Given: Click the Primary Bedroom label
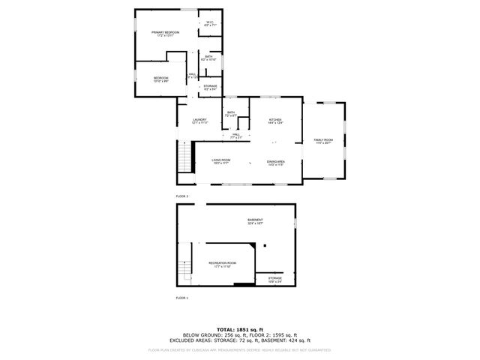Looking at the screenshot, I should coord(166,33).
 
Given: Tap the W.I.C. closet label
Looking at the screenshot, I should coord(210,23).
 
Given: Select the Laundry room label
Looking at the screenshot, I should coord(199,120).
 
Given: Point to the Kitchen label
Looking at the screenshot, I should coord(275,120).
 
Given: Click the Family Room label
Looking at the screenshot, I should coord(323,140).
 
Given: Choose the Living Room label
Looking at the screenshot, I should coord(220,160).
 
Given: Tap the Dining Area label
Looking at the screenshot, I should coord(275,162).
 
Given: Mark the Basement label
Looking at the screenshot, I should coord(256,220).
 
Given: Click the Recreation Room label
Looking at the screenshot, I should coord(222,263).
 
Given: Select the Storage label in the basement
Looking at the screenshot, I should coord(275,279).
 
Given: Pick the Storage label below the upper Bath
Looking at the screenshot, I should coord(210,86).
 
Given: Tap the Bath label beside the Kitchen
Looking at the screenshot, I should coord(231,113).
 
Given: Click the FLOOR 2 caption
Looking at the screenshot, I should coord(182,196).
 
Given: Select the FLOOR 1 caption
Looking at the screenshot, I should coord(182,298).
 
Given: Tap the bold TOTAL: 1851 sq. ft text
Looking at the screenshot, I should coord(240,329).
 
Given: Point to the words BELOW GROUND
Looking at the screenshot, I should coord(200,334).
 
